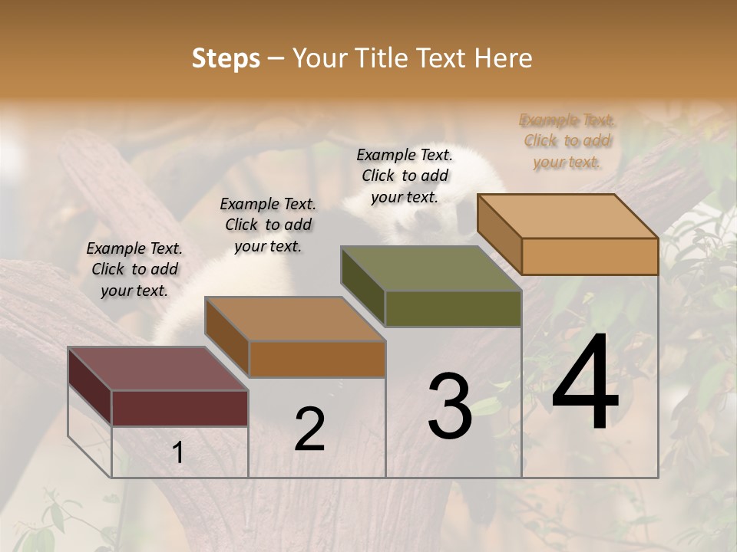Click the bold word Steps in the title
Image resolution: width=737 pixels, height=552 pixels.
click(x=226, y=58)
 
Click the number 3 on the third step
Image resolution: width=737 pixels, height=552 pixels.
click(x=449, y=406)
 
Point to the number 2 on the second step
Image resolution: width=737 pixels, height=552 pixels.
click(x=309, y=429)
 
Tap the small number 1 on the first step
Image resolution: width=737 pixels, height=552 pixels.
click(x=177, y=453)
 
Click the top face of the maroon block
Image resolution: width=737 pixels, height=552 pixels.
click(x=158, y=369)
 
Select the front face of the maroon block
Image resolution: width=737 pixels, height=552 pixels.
click(x=180, y=408)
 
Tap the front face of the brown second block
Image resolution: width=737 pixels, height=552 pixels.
click(x=317, y=359)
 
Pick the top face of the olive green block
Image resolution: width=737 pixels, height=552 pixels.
click(x=431, y=268)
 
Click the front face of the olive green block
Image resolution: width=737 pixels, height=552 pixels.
click(x=453, y=308)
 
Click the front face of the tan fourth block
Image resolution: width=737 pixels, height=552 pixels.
click(x=590, y=256)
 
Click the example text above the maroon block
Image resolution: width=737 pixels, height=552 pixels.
click(x=134, y=269)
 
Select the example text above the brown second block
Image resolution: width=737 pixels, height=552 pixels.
click(x=268, y=225)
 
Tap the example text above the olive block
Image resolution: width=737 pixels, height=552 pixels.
click(x=405, y=176)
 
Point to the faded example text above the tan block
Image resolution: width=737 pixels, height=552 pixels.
click(x=567, y=140)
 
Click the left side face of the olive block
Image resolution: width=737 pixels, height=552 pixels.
click(x=362, y=286)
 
